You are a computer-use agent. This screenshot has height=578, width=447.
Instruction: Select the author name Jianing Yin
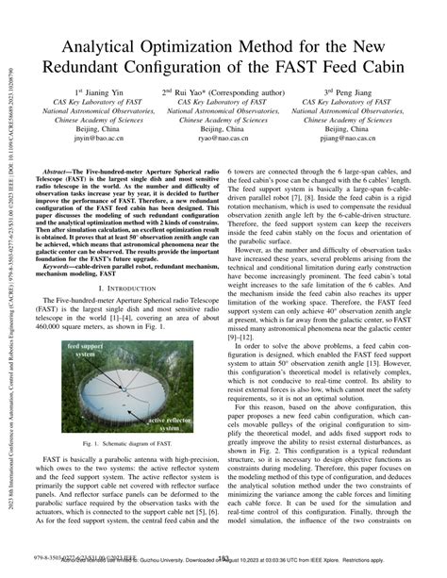98,93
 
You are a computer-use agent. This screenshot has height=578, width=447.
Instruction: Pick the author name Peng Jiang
357,93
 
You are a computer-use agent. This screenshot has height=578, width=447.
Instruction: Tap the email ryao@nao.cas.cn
223,137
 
